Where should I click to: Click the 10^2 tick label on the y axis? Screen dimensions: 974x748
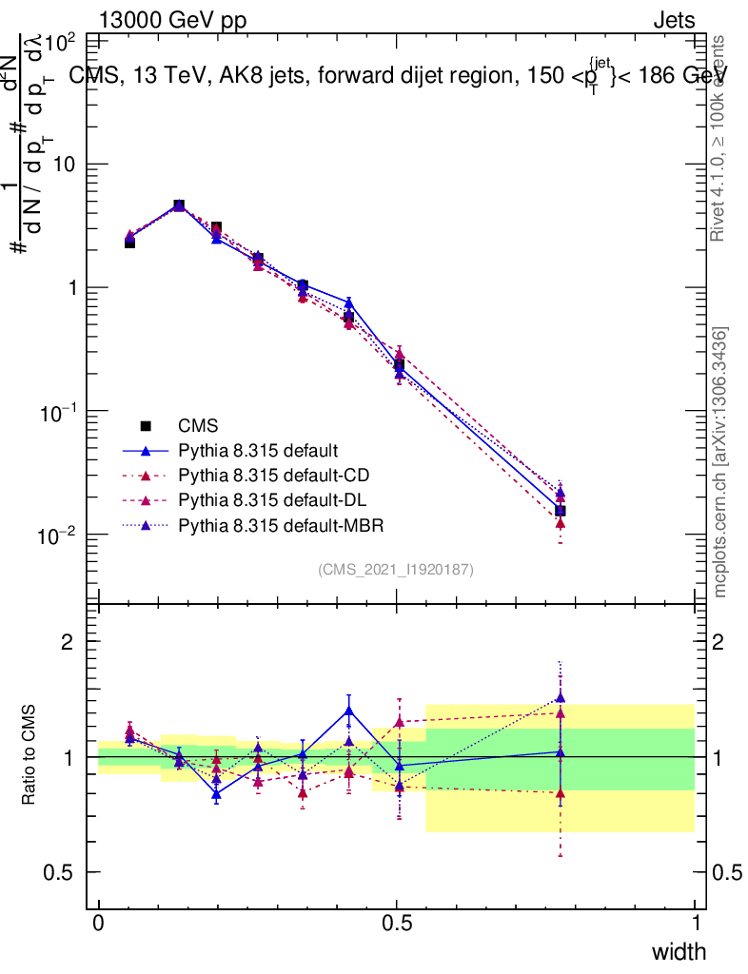61,43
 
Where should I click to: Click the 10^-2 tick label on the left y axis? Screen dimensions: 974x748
60,536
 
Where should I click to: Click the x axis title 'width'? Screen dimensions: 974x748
679,952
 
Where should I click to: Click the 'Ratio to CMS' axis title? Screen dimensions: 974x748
29,756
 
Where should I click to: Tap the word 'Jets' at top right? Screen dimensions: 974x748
673,20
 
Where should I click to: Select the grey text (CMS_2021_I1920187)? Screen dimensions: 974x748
396,569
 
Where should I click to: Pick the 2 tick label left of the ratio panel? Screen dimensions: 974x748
68,641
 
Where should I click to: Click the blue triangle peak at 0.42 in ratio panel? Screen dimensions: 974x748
349,710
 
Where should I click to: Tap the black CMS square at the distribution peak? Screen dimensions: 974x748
178,205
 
